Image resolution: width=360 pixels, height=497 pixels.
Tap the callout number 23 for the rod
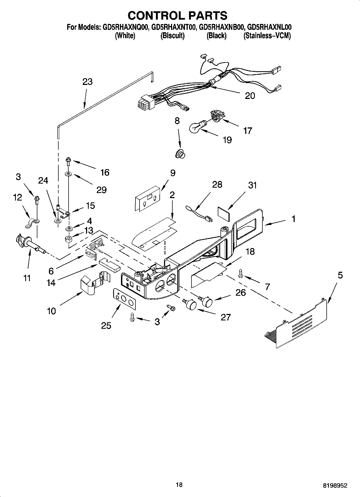(x=87, y=82)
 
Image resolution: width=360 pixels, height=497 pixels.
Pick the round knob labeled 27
(x=190, y=304)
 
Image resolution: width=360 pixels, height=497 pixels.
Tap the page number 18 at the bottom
(x=179, y=485)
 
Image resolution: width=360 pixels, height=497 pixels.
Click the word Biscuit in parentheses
(x=172, y=36)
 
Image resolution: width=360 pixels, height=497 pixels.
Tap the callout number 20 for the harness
(x=250, y=96)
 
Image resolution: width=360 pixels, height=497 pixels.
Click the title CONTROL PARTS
(x=177, y=16)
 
